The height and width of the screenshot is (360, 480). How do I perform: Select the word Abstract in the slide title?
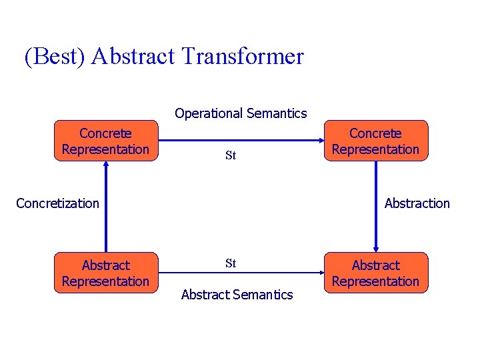[134, 56]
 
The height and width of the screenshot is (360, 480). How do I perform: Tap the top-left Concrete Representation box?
[105, 141]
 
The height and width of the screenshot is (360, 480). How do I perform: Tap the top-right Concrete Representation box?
[375, 141]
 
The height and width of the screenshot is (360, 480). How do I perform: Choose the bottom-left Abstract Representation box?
[105, 273]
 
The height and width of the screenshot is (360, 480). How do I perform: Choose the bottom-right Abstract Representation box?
[375, 273]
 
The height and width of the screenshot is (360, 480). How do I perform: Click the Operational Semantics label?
[241, 113]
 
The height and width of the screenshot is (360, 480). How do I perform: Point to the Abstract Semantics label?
[237, 295]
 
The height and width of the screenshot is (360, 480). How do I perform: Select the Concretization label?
[57, 203]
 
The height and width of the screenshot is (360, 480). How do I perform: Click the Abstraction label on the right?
[417, 203]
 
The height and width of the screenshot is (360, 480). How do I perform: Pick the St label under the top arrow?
[231, 156]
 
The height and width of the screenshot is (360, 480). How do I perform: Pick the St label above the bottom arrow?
[231, 263]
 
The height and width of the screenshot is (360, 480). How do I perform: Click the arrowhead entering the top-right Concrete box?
[318, 141]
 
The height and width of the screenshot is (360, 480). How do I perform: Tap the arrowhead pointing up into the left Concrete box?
[105, 167]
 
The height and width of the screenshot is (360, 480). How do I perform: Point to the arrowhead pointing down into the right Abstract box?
[376, 247]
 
